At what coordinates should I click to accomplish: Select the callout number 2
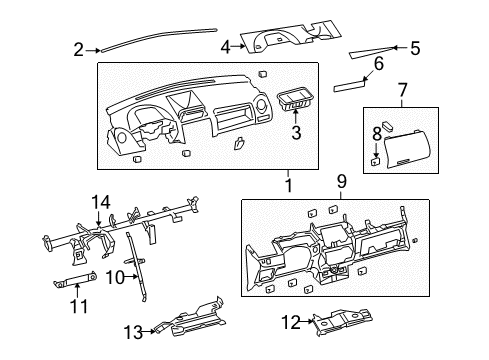(79, 47)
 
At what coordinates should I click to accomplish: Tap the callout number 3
(295, 131)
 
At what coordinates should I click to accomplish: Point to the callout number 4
(226, 45)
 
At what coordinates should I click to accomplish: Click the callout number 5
(415, 47)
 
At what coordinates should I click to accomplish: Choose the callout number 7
(402, 91)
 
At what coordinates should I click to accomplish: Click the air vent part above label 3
(295, 100)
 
